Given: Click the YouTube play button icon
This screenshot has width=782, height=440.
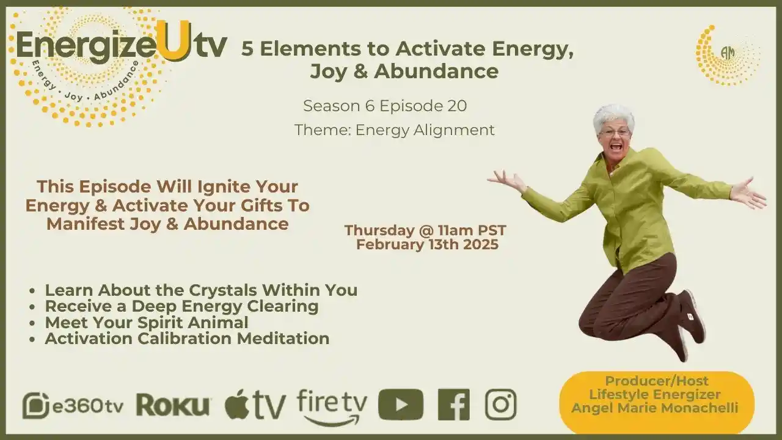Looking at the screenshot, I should (x=400, y=405).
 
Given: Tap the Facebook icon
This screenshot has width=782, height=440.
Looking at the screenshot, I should (x=454, y=405).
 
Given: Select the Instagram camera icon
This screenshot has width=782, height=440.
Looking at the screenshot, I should (x=500, y=405).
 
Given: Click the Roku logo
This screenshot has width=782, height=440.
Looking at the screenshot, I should (x=174, y=405).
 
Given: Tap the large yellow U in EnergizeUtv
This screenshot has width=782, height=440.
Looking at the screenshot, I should (x=173, y=42).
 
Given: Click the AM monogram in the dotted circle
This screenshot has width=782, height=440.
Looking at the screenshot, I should (x=727, y=53).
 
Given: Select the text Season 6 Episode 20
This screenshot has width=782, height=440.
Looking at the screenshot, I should (x=385, y=106).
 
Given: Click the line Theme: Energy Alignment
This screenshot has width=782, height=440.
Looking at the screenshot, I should (x=394, y=130).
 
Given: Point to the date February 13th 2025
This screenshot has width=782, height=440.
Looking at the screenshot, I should (x=427, y=245).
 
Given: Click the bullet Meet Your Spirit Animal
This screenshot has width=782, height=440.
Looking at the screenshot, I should (x=146, y=322).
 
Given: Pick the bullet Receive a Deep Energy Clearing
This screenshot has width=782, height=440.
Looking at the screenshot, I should (x=181, y=306).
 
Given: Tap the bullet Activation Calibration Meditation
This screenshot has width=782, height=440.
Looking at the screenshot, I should (x=187, y=338).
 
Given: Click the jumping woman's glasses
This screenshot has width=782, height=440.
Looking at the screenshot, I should (x=615, y=132).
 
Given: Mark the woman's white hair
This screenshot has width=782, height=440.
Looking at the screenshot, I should (x=613, y=114).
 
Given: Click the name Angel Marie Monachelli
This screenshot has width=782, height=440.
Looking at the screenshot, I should (x=654, y=407).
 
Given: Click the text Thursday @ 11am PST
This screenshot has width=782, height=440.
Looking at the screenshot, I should (x=425, y=231).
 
